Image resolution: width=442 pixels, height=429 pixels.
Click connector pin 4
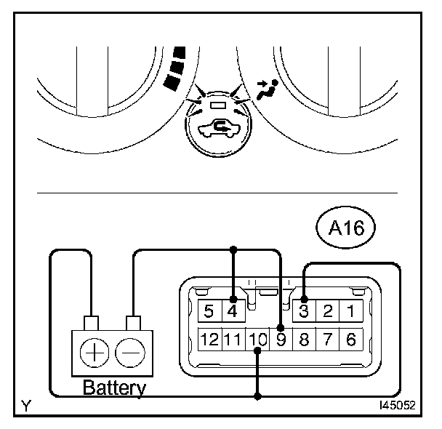click(233, 312)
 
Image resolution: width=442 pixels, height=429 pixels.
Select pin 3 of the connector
click(305, 312)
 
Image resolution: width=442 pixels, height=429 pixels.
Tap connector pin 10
click(257, 339)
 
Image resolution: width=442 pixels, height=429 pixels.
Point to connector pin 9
click(281, 339)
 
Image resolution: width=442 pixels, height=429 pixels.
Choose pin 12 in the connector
click(210, 339)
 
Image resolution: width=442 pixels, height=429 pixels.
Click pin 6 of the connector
click(351, 339)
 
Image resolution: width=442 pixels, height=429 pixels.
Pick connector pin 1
click(351, 312)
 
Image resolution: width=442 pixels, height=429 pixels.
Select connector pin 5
click(209, 312)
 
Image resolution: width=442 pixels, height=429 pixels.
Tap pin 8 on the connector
click(305, 339)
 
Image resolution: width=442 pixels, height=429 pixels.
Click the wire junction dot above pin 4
click(233, 250)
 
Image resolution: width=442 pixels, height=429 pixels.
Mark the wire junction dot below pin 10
click(257, 396)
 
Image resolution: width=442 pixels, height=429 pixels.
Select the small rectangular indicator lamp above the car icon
click(218, 105)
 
